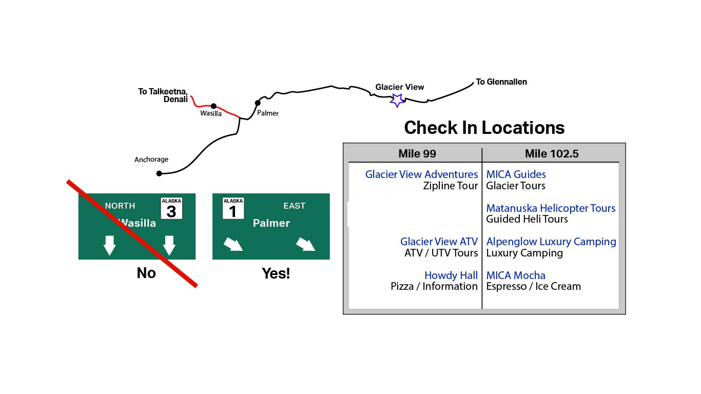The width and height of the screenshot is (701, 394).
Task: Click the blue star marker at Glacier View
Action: click(x=397, y=100)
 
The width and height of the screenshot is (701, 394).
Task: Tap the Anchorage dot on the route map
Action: click(x=159, y=173)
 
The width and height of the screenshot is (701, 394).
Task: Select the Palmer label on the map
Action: click(x=268, y=113)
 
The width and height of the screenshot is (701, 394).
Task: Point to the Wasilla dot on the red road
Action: click(x=213, y=106)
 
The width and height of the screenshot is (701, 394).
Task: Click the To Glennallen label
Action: click(x=501, y=82)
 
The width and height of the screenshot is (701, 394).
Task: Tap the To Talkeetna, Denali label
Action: click(x=163, y=95)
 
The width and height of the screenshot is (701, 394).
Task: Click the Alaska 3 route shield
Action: click(x=171, y=208)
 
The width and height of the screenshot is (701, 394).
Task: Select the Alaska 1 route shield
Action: click(x=233, y=208)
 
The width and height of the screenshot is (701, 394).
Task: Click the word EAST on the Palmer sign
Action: click(x=294, y=206)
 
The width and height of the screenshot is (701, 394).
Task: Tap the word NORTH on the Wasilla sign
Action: click(x=120, y=206)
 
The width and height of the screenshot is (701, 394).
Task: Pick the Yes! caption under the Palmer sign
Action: click(x=276, y=273)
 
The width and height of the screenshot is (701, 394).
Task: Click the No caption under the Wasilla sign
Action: click(x=146, y=273)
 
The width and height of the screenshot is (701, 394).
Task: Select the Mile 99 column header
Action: click(x=417, y=154)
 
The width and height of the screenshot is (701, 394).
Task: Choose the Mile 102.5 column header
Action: click(x=551, y=154)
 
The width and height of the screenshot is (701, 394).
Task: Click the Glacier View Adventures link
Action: click(x=421, y=174)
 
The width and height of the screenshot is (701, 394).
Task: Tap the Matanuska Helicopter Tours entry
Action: click(x=551, y=208)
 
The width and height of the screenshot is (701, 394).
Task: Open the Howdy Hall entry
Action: click(x=451, y=275)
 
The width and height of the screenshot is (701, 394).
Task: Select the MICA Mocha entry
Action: click(x=516, y=275)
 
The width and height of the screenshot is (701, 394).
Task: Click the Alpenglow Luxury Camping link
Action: click(x=551, y=242)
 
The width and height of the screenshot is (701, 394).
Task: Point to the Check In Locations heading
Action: click(x=484, y=128)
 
